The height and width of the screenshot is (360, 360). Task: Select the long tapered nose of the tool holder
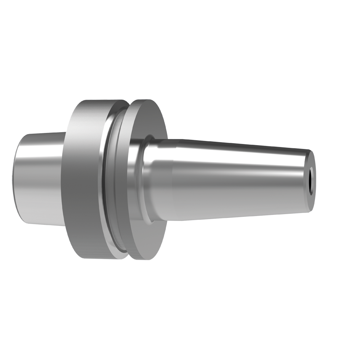pos(229,179)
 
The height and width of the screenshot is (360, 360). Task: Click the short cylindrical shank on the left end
pos(38,179)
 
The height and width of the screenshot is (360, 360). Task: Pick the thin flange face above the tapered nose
pos(152,122)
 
